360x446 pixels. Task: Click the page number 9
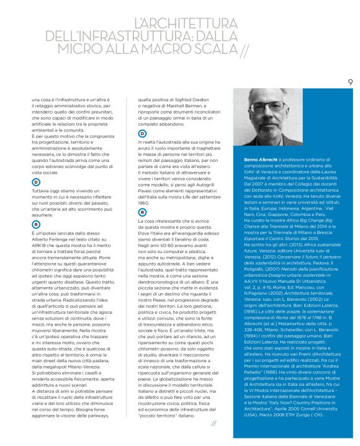click(349, 81)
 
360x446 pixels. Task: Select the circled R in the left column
click(35, 223)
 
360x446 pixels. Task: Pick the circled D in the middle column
click(142, 133)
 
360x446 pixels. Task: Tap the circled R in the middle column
click(142, 212)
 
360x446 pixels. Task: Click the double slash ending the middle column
click(214, 423)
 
